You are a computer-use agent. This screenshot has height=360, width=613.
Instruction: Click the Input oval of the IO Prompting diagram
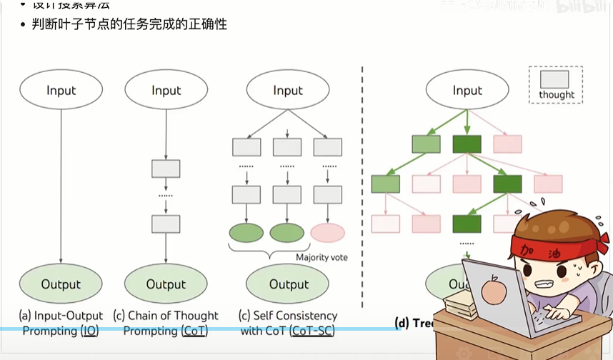[61, 90]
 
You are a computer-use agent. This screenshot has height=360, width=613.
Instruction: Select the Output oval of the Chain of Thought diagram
[166, 284]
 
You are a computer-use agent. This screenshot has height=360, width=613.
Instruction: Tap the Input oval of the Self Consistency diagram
[288, 90]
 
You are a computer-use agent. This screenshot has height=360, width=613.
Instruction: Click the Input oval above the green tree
[467, 90]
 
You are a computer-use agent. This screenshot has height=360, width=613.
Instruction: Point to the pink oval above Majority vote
[328, 232]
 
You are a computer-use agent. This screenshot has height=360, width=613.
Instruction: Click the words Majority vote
[322, 257]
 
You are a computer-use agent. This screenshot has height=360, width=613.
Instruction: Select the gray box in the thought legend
[555, 79]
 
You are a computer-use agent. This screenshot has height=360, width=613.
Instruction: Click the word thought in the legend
[556, 94]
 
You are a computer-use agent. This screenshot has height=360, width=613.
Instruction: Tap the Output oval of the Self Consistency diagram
[289, 284]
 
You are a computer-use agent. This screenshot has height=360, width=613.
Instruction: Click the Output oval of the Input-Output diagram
[61, 284]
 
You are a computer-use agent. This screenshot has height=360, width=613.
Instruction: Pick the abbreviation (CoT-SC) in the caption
[312, 331]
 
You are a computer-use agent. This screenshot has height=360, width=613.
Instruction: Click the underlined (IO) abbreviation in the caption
[89, 331]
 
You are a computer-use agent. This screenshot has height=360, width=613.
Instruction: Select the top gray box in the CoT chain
[166, 169]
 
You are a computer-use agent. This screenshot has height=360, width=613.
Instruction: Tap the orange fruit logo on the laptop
[493, 291]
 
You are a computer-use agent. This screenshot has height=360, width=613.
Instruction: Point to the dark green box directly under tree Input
[467, 144]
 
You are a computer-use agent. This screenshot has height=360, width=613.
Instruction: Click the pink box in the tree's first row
[508, 144]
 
